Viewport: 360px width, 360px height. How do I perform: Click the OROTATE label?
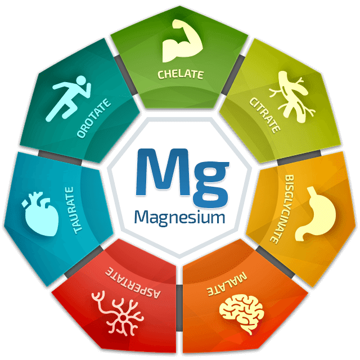(x=94, y=119)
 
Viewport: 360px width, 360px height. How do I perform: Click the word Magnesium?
(x=179, y=217)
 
